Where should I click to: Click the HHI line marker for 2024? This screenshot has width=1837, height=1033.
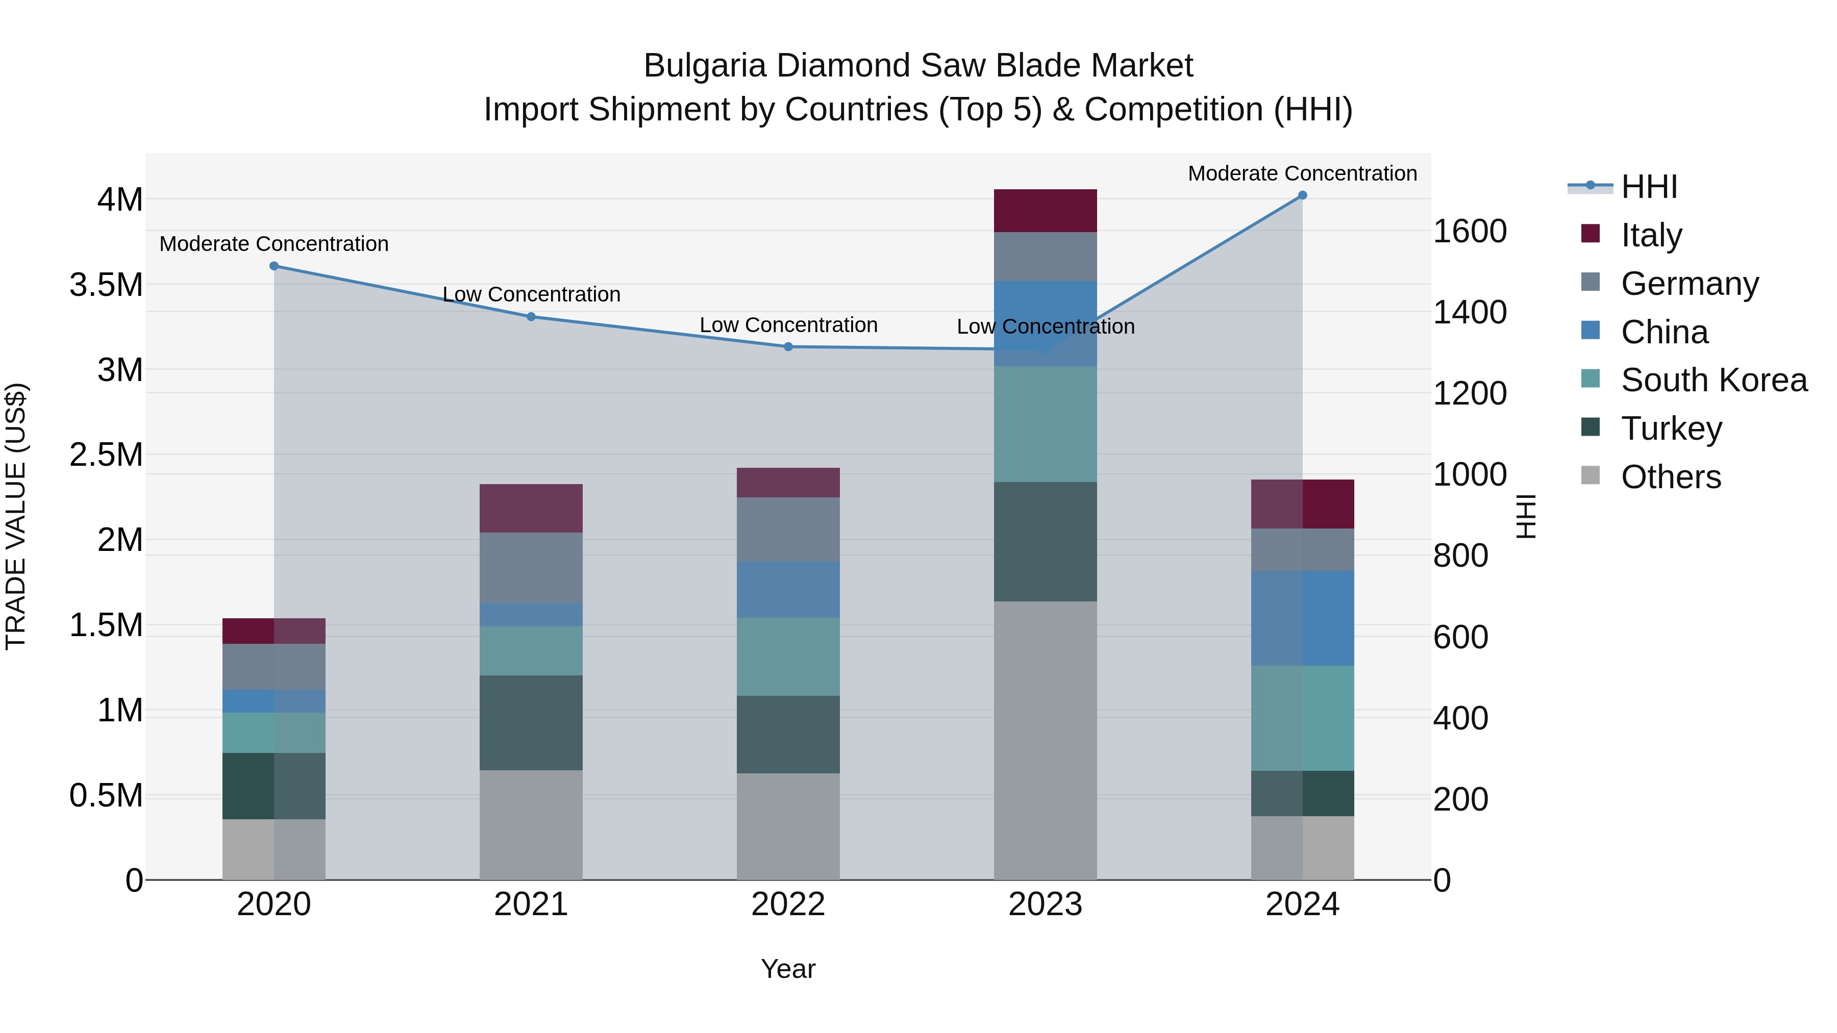point(1302,195)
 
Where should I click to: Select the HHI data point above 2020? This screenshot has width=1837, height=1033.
point(274,266)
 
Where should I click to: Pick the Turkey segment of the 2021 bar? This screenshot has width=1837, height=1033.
point(531,722)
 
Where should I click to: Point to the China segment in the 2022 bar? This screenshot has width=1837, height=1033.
point(788,589)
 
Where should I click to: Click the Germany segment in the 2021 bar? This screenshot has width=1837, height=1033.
point(531,567)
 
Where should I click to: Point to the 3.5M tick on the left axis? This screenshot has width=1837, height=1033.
point(106,285)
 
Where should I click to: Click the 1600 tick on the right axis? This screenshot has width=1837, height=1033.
point(1470,232)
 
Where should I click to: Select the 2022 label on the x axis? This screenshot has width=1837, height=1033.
point(788,904)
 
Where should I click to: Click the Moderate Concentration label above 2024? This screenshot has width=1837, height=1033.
point(1302,173)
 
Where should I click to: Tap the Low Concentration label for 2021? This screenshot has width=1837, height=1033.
point(531,294)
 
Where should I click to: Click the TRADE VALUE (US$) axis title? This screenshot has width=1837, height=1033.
point(16,516)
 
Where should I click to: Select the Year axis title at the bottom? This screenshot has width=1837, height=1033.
point(788,969)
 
